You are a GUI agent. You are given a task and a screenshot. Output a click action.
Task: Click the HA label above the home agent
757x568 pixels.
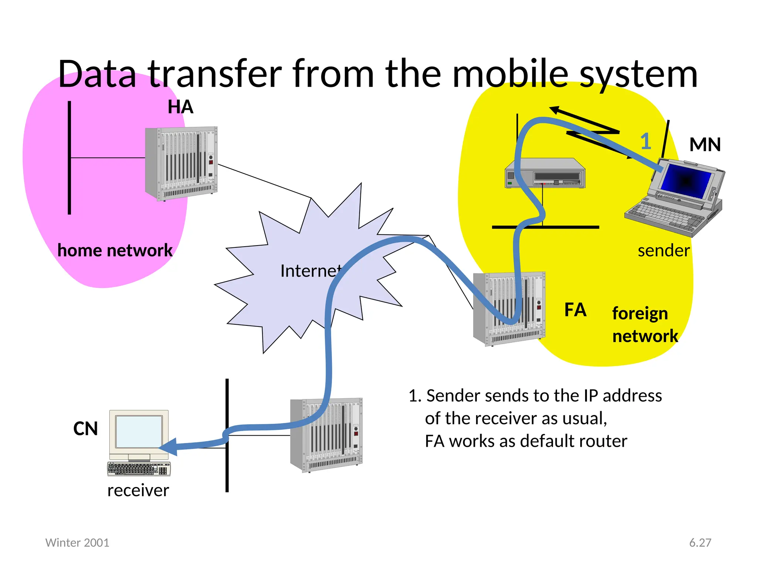coord(180,107)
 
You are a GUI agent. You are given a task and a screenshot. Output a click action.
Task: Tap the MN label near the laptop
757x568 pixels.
coord(705,145)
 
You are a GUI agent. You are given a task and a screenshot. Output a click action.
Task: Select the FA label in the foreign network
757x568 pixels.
coord(575,310)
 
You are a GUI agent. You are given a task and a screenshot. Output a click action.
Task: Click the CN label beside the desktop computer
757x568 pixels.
coord(85,429)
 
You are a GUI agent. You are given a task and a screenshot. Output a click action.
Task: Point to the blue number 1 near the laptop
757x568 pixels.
coord(646,141)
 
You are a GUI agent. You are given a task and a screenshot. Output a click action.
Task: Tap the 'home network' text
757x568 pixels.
coord(115,251)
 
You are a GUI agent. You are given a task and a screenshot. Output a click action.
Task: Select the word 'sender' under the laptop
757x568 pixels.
coord(663,251)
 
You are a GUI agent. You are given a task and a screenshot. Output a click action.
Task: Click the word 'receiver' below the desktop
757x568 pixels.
coord(138,491)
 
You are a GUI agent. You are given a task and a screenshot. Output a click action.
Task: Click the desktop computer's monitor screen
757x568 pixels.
coord(139,432)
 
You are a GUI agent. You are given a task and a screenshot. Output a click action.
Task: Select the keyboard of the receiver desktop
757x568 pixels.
coord(139,469)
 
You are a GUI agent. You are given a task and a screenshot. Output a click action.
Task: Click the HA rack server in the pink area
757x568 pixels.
coord(181,163)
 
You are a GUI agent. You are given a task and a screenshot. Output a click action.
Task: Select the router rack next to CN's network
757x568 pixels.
coord(326,435)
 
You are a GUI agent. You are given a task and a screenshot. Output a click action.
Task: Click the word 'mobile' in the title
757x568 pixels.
coord(510,74)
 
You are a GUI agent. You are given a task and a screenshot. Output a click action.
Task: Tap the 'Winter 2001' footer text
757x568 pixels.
coord(77,542)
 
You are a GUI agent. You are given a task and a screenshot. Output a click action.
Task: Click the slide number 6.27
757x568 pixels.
coord(700,542)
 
